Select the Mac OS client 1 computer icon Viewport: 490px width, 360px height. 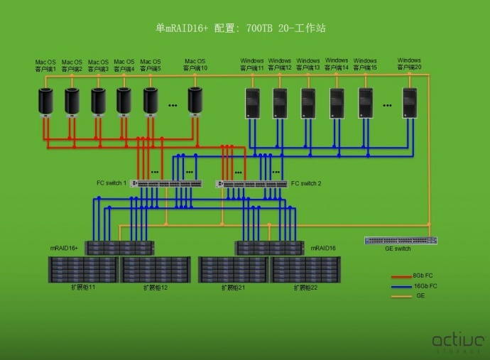pyautogui.click(x=46, y=102)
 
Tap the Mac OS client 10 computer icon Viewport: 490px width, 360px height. pyautogui.click(x=195, y=102)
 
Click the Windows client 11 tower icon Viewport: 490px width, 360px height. pyautogui.click(x=251, y=103)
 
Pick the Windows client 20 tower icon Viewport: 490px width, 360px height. pyautogui.click(x=410, y=103)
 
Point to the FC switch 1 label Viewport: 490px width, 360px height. pyautogui.click(x=111, y=183)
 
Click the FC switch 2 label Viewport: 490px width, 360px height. pyautogui.click(x=306, y=183)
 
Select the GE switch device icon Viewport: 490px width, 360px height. pyautogui.click(x=401, y=240)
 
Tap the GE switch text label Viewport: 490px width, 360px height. pyautogui.click(x=398, y=249)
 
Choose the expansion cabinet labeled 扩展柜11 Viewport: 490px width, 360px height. pyautogui.click(x=82, y=270)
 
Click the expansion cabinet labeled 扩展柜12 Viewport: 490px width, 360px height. pyautogui.click(x=156, y=270)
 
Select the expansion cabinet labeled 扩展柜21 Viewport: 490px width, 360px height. pyautogui.click(x=233, y=270)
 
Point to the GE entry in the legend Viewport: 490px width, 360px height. pyautogui.click(x=420, y=295)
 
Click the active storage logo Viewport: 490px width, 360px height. pyautogui.click(x=457, y=342)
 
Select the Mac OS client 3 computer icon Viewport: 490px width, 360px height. pyautogui.click(x=98, y=102)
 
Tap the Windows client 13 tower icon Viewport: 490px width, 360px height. pyautogui.click(x=308, y=103)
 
